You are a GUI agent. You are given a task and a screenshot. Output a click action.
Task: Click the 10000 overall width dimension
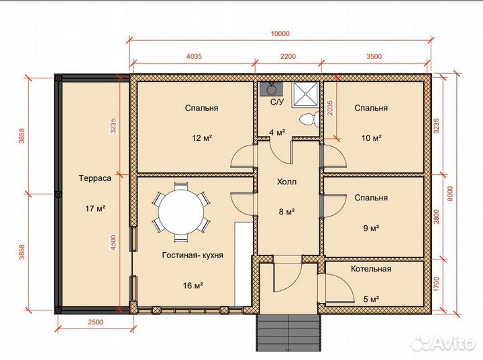click(x=280, y=34)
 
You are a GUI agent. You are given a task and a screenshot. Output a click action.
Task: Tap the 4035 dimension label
click(x=194, y=56)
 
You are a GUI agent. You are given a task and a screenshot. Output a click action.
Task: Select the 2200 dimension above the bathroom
click(x=288, y=56)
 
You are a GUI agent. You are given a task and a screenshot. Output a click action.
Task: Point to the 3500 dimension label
click(x=374, y=56)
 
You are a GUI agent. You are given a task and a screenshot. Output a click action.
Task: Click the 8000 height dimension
click(x=451, y=194)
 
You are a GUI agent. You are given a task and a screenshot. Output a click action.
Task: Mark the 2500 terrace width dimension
click(x=95, y=322)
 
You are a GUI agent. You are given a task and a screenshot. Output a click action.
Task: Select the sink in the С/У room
click(x=271, y=89)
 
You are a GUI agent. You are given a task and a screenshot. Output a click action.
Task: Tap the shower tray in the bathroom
click(x=305, y=94)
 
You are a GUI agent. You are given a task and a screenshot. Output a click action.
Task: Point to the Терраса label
click(x=95, y=178)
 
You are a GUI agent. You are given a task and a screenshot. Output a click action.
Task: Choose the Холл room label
click(x=287, y=182)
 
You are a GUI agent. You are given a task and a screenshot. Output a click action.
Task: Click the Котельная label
click(x=371, y=269)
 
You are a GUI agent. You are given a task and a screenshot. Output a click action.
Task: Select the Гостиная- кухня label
click(x=193, y=255)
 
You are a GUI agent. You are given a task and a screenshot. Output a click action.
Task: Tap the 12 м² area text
click(x=202, y=137)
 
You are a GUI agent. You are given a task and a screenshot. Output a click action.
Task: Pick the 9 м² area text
click(x=371, y=228)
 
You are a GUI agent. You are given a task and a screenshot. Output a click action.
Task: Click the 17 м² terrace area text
click(x=95, y=208)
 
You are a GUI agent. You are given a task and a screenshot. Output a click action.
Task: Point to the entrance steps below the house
click(x=288, y=333)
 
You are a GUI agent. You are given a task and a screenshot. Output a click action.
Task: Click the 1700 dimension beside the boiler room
click(x=437, y=284)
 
